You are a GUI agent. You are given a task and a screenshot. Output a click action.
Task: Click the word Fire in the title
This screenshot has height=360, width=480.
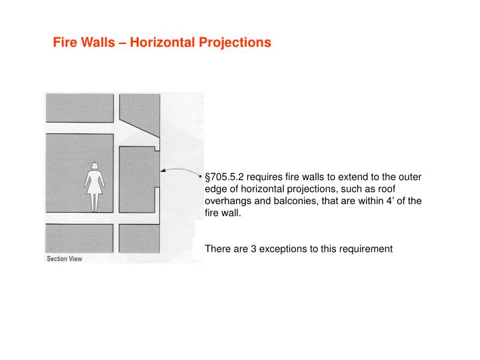click(65, 43)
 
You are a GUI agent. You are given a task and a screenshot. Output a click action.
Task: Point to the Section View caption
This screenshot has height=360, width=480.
click(64, 259)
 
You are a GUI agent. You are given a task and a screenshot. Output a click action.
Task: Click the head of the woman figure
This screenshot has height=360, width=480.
click(95, 166)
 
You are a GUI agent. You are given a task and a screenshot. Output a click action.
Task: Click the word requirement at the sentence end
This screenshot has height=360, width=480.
click(365, 249)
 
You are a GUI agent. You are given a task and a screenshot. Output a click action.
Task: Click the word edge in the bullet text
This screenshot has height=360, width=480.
click(216, 189)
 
